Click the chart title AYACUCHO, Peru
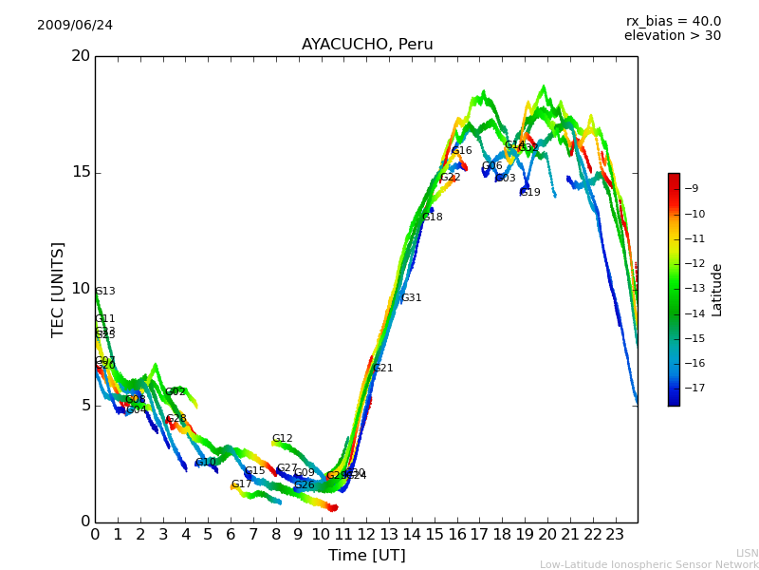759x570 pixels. point(367,45)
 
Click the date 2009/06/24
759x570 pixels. point(75,26)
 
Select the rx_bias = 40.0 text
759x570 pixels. point(673,22)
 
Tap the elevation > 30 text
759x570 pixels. point(672,36)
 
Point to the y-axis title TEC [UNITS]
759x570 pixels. point(58,289)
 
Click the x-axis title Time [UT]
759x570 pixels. point(366,556)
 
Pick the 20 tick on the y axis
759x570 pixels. point(81,56)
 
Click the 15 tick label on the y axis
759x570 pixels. point(81,172)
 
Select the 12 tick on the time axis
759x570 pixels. point(366,534)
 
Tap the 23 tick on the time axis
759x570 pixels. point(615,534)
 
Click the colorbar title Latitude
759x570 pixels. point(717,290)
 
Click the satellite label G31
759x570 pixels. point(411,298)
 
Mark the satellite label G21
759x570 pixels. point(382,369)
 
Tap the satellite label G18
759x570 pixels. point(432,218)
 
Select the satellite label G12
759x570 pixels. point(282,439)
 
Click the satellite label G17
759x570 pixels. point(241,484)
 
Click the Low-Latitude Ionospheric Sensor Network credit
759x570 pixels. point(649,564)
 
